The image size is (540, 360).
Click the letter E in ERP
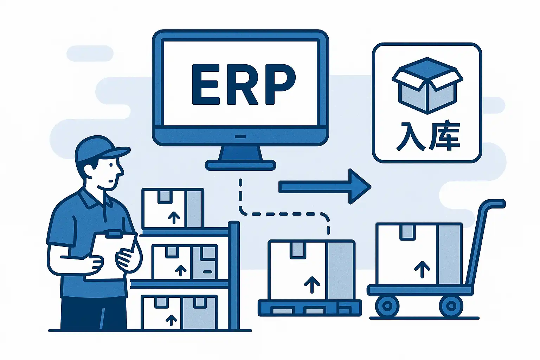(206, 84)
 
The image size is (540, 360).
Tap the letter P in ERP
(280, 84)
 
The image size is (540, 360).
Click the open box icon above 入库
(427, 85)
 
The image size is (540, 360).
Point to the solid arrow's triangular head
(360, 186)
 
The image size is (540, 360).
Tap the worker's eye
(110, 165)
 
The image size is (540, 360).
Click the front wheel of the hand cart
(387, 306)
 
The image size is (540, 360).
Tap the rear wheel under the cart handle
(451, 306)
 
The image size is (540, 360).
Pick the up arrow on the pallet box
(312, 284)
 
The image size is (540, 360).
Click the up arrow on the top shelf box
(174, 218)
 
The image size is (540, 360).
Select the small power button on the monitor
(240, 136)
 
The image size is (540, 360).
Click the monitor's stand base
(240, 165)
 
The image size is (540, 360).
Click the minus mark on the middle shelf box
(207, 272)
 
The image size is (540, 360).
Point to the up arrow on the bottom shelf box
(171, 321)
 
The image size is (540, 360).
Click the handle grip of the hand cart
(494, 204)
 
